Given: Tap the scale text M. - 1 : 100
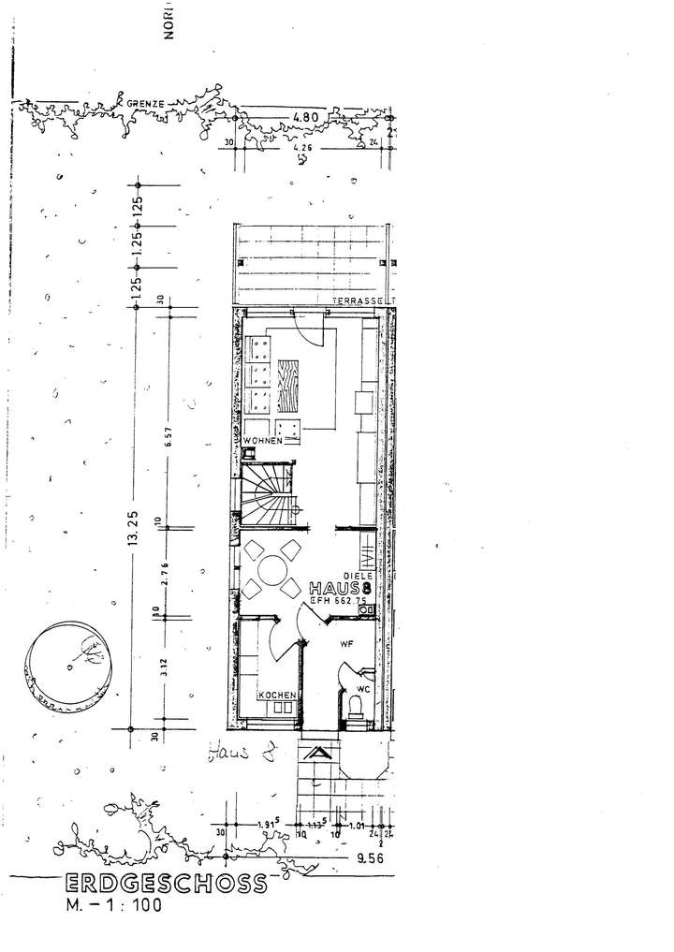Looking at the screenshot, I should click(113, 905).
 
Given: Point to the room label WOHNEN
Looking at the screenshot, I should click(263, 441).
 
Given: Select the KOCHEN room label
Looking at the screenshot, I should click(279, 696).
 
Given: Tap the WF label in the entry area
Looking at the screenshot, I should click(345, 643).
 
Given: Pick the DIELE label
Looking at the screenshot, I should click(359, 577).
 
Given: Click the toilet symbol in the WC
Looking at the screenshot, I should click(356, 707).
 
